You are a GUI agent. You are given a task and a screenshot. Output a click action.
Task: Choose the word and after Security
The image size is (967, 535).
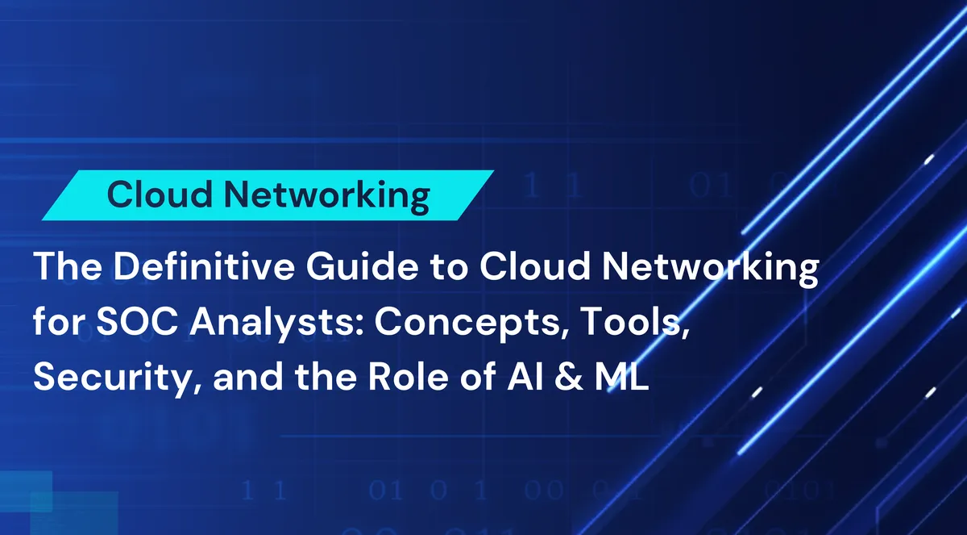240,376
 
